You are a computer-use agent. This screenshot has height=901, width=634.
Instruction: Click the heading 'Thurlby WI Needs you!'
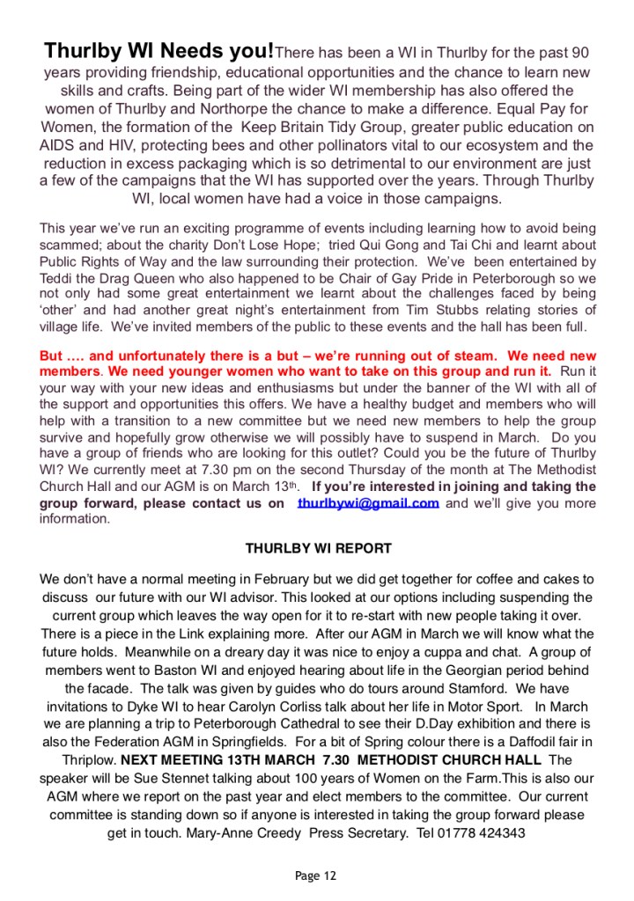coord(159,50)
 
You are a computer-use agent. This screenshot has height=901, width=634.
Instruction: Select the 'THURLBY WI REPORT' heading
coord(318,548)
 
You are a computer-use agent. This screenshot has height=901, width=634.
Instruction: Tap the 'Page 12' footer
coord(316,875)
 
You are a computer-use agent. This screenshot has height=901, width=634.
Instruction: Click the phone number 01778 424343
coord(488,832)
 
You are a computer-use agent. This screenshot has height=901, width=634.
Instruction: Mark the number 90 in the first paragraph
coord(576,54)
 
